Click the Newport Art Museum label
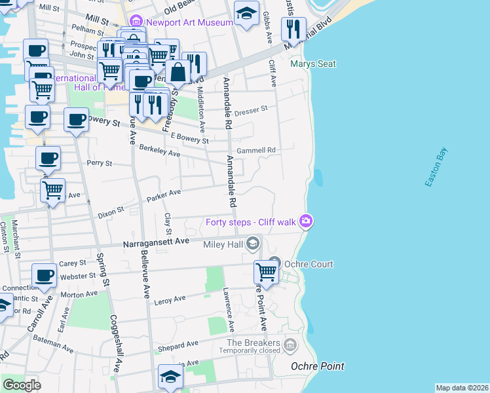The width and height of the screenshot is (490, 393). pos(189,22)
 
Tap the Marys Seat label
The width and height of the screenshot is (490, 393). pos(313,64)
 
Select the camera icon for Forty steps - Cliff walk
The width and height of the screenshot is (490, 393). pos(305,221)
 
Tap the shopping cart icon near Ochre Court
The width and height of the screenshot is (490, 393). pos(266,271)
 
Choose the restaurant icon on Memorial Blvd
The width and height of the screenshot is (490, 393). pos(293,29)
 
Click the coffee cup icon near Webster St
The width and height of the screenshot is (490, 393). pos(44,275)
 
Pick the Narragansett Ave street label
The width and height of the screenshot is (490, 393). pos(156,242)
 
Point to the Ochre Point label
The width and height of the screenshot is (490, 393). pos(318,366)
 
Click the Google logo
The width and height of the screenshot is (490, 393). pos(22,385)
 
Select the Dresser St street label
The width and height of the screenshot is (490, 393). pos(252,109)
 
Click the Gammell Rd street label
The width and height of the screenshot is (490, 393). pos(256,150)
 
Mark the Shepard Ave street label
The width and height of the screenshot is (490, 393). pos(178,345)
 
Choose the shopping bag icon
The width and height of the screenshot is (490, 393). pos(178,72)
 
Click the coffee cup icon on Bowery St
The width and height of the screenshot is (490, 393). pos(76,120)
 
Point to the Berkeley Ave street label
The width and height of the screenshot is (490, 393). pos(159,151)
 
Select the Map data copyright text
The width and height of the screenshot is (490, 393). pos(462,388)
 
